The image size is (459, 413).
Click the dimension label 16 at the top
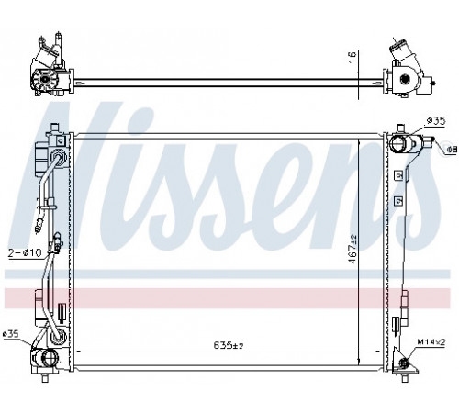[x=353, y=57]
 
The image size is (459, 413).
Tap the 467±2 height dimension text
[x=353, y=249]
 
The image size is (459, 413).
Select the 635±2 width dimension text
[x=229, y=346]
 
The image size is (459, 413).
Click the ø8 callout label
[x=452, y=150]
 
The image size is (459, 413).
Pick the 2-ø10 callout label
[x=25, y=252]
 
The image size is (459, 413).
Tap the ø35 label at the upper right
[x=436, y=120]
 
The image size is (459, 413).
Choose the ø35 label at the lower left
[x=11, y=334]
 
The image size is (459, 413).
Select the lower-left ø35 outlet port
[x=50, y=357]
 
